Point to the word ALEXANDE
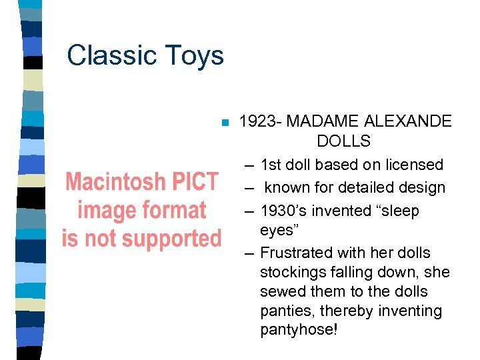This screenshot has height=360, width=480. [408, 121]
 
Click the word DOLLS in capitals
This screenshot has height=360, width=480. [343, 141]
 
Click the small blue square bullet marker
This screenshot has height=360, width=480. [225, 123]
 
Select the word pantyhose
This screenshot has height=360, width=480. [298, 331]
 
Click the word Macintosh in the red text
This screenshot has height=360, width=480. [113, 181]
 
